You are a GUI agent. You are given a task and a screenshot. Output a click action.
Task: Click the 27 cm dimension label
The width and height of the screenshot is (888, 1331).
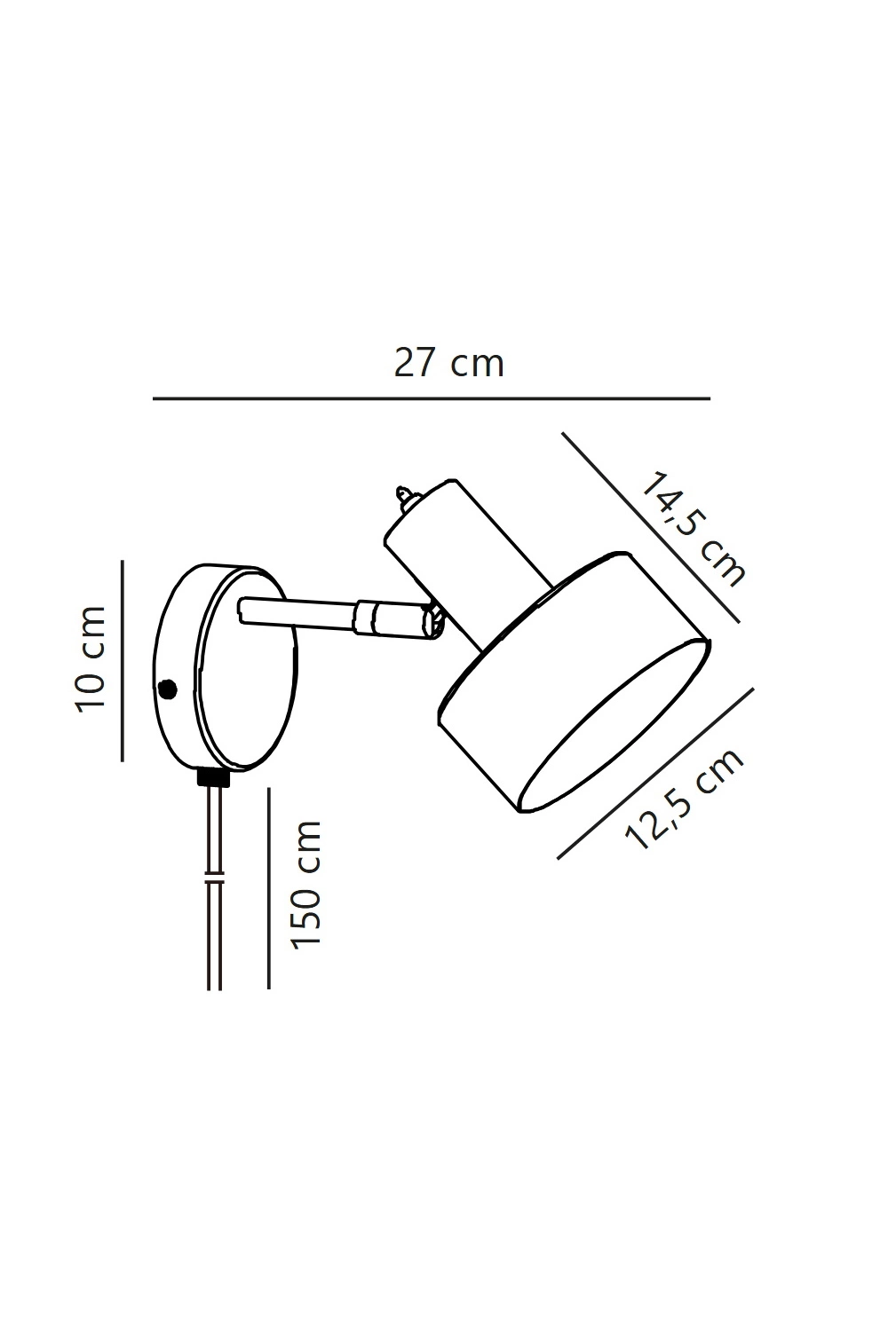(x=449, y=363)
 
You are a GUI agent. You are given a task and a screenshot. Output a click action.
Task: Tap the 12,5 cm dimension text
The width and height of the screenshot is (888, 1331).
(x=684, y=799)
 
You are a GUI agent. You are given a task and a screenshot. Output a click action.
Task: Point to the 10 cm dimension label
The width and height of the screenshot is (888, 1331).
(x=91, y=659)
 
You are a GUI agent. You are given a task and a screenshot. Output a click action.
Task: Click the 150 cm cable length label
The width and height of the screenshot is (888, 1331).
(x=305, y=883)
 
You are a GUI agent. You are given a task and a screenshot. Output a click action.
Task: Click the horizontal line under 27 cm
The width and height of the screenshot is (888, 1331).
(x=432, y=398)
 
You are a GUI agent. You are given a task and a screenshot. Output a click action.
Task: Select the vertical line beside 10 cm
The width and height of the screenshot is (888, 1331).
(x=123, y=660)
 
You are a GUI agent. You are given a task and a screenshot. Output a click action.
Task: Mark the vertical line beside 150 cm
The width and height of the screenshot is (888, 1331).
(x=269, y=888)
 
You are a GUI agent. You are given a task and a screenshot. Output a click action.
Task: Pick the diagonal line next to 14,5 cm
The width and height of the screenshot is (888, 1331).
(x=651, y=528)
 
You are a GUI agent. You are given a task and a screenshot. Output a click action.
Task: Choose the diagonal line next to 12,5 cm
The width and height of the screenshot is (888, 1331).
(x=655, y=773)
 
